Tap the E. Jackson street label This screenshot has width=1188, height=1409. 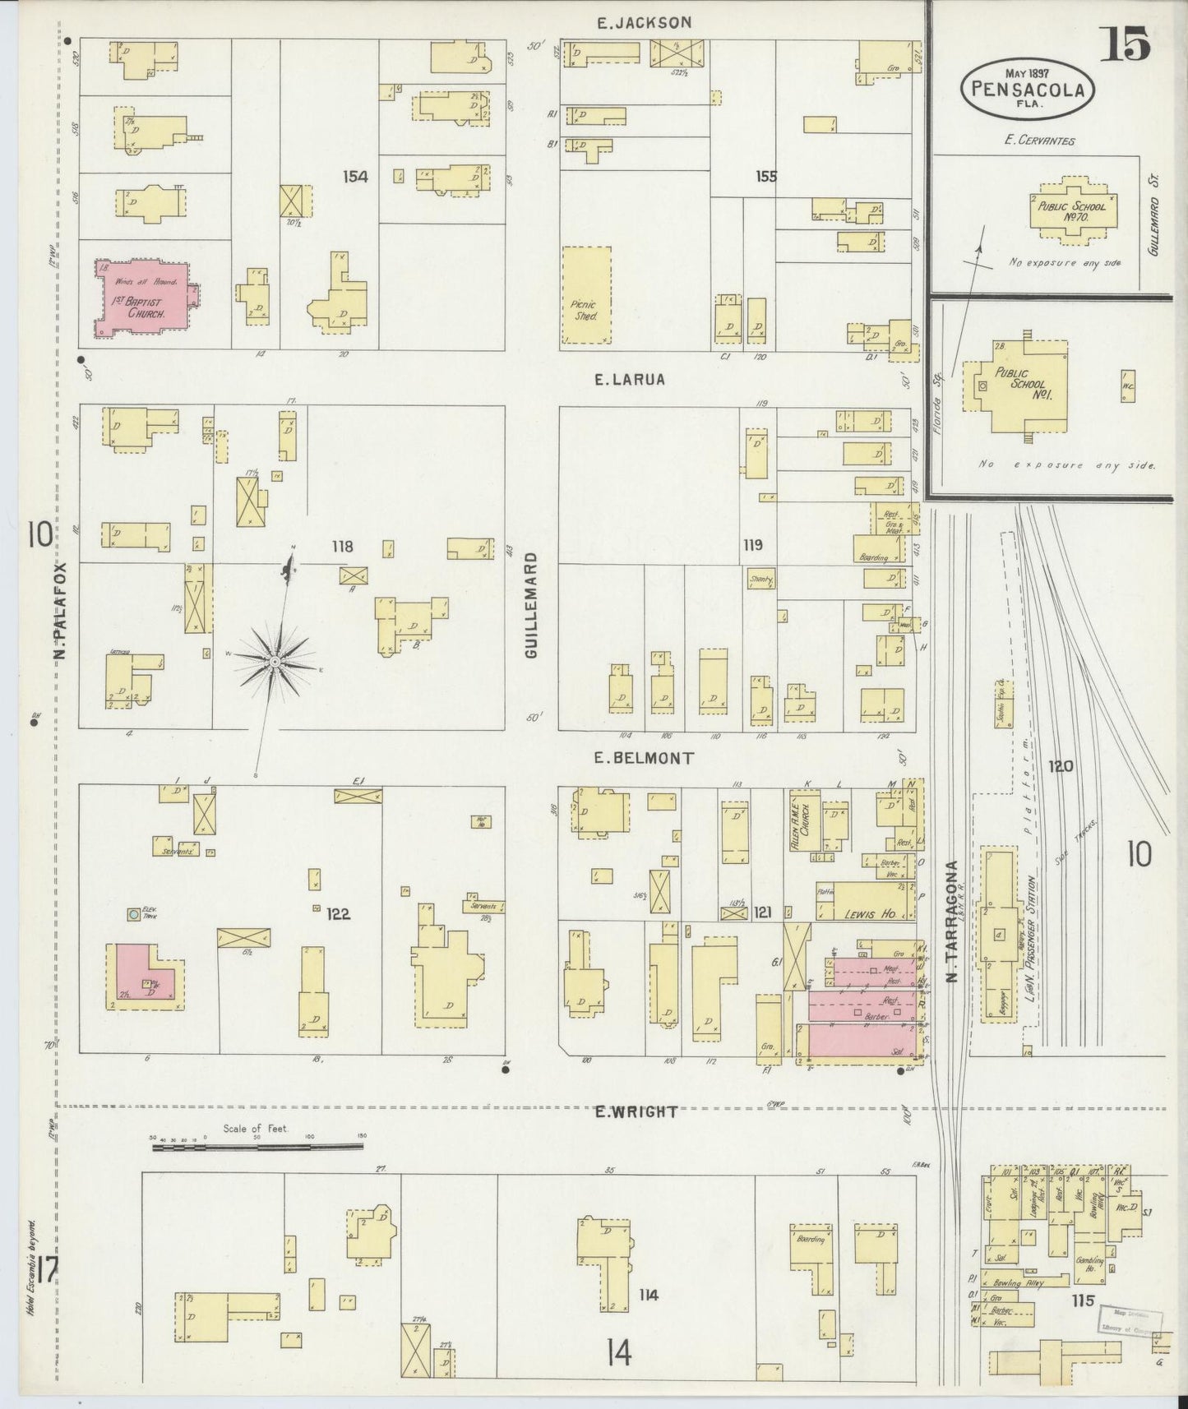pos(644,23)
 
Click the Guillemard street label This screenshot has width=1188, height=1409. pos(532,603)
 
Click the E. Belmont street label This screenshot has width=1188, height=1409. pos(644,758)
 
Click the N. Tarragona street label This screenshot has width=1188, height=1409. pos(951,921)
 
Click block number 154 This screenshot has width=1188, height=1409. pos(356,176)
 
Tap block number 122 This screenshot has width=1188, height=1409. pos(338,913)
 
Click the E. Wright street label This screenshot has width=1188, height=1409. pos(637,1112)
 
